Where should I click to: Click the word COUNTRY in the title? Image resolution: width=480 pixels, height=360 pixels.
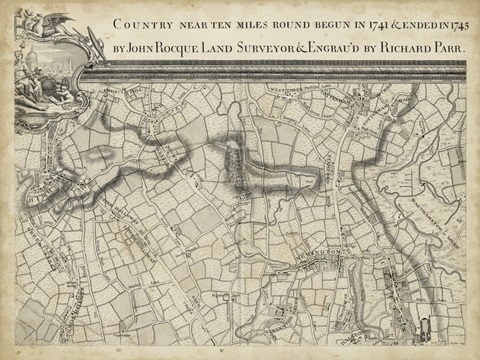pyautogui.click(x=143, y=24)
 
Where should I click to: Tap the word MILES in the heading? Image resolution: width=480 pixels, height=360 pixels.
pyautogui.click(x=247, y=24)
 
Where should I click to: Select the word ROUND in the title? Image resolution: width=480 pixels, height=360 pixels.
pyautogui.click(x=290, y=24)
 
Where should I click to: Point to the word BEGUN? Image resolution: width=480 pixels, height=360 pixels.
pyautogui.click(x=334, y=24)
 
